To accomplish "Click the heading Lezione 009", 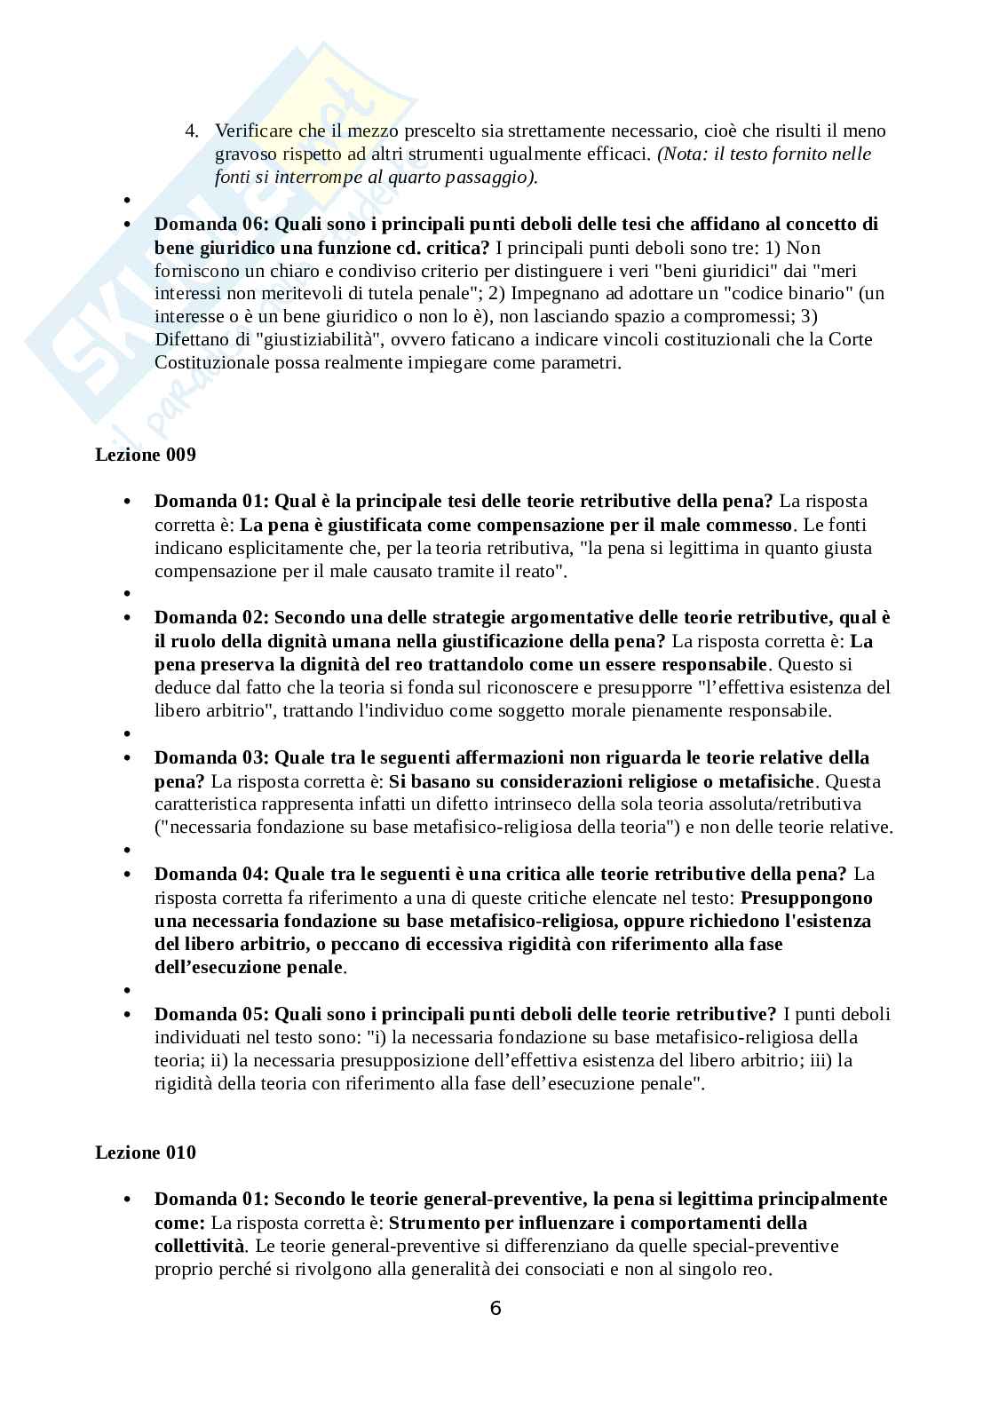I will coord(146,455).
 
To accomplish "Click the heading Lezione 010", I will coord(146,1152).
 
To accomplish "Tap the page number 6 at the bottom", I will coord(495,1308).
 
